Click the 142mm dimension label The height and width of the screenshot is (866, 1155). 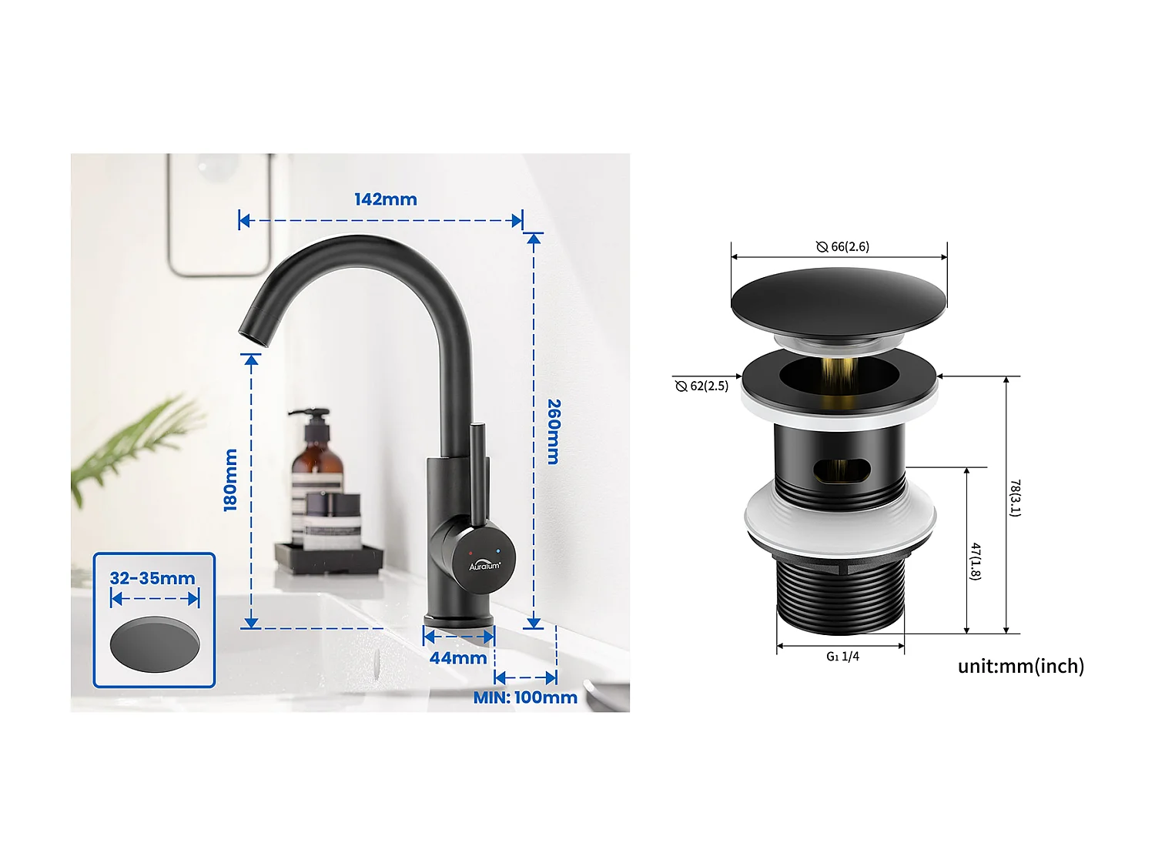385,199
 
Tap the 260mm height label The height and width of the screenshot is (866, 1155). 554,431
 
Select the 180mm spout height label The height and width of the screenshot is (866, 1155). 230,480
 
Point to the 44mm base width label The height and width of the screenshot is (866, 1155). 457,658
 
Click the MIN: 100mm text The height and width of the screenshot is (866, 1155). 525,697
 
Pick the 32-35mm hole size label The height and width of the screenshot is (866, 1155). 152,578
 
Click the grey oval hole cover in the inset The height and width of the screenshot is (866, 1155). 155,644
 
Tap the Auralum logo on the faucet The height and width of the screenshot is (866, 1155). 484,566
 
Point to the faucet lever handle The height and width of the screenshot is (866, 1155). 477,477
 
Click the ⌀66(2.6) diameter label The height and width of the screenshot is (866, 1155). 843,246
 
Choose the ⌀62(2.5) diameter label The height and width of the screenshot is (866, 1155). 701,386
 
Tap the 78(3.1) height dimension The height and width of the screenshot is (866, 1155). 1016,498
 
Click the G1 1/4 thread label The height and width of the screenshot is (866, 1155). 842,657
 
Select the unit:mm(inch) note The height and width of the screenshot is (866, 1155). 1020,666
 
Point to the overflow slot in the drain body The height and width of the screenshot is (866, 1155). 842,469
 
